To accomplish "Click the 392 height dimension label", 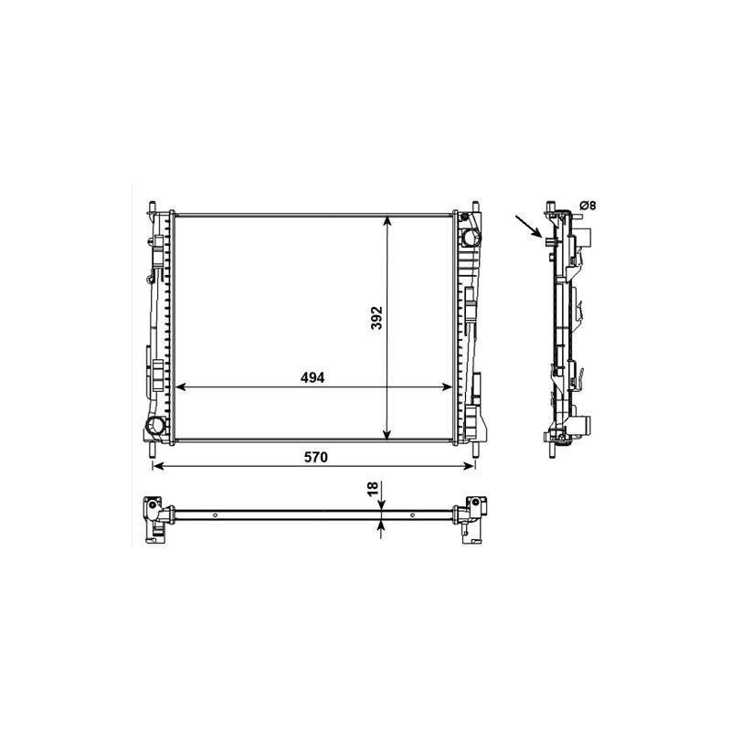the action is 376,317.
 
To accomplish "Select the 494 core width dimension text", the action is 313,377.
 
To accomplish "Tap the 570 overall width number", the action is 315,458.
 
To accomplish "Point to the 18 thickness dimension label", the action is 372,489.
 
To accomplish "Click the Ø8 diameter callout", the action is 588,205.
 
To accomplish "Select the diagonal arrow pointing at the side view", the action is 529,227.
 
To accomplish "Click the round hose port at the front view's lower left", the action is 154,425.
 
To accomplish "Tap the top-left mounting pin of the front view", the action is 152,207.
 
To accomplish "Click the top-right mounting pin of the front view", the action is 475,207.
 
